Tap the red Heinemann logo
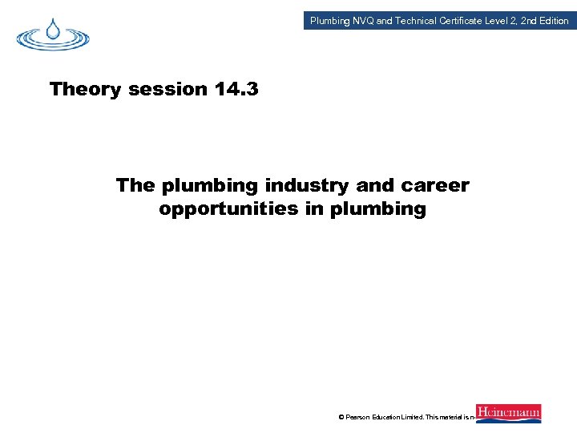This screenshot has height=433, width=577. (x=508, y=413)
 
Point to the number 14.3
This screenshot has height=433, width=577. (x=236, y=89)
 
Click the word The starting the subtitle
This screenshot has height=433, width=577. (x=135, y=186)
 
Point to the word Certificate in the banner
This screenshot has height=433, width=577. (x=464, y=21)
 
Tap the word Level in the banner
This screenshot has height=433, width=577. (x=502, y=21)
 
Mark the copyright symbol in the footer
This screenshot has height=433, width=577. (x=341, y=417)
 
